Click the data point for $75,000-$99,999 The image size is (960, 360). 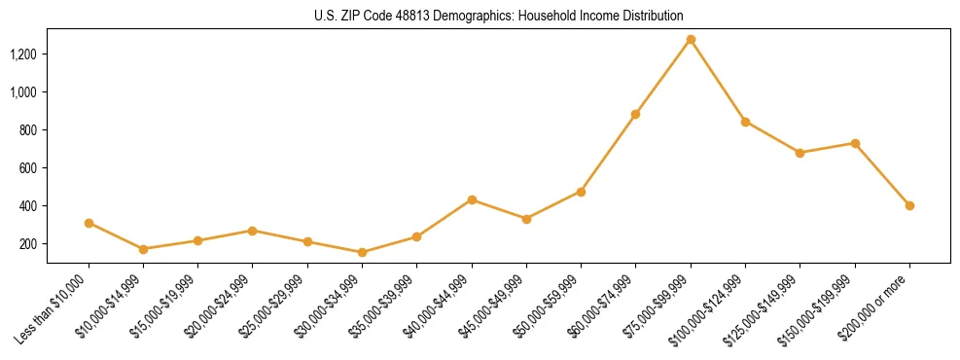[x=691, y=40]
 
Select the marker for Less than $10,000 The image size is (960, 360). [x=89, y=223]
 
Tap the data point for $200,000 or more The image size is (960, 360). [x=909, y=205]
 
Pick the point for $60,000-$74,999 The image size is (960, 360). [x=635, y=114]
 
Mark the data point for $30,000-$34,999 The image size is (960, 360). [x=362, y=252]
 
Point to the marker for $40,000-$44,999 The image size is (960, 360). [x=472, y=199]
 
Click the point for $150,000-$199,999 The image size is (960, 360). [x=855, y=143]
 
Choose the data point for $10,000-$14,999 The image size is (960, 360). [x=143, y=249]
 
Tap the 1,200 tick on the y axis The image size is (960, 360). [x=23, y=54]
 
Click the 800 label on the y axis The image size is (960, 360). [x=28, y=129]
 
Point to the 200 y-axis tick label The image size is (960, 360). [x=28, y=244]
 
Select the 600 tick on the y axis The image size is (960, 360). [x=28, y=167]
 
